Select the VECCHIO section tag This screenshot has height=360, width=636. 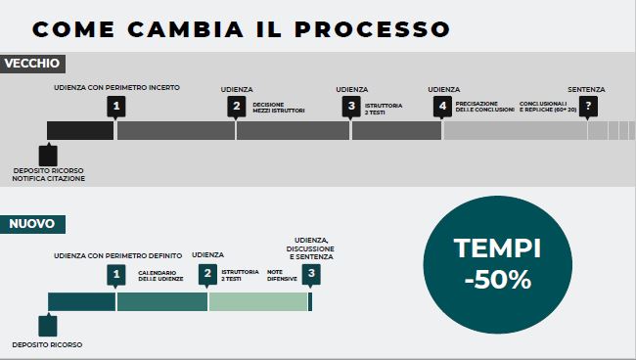click(32, 64)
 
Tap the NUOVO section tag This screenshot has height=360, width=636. click(32, 224)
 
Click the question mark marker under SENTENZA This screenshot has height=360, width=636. click(588, 106)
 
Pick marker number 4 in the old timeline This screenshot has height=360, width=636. click(443, 106)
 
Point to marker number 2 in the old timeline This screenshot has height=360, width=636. click(236, 106)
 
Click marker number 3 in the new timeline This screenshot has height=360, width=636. click(311, 275)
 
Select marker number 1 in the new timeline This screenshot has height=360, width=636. click(116, 275)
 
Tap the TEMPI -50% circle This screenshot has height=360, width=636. click(497, 264)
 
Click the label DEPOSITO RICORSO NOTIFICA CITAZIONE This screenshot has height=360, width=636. click(48, 174)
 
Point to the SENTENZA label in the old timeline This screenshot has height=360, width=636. click(586, 89)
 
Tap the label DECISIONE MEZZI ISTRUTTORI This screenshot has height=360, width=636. click(279, 107)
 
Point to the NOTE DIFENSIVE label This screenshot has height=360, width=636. click(282, 275)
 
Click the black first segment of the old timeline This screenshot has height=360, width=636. click(80, 130)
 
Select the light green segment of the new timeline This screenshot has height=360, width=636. click(257, 301)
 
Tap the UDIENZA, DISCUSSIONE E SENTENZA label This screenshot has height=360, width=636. click(312, 247)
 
